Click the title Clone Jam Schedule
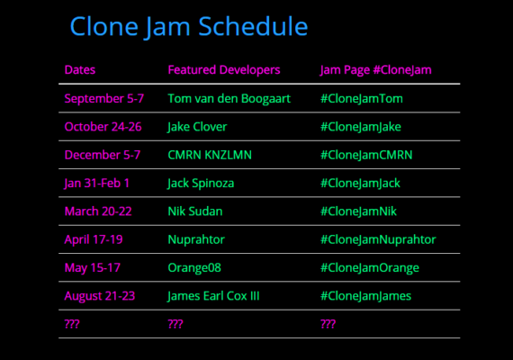[189, 27]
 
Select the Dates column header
[80, 69]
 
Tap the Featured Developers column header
[224, 69]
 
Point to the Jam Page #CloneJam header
[375, 70]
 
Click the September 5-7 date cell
[104, 98]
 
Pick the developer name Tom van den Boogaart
[229, 98]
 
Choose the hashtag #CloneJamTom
[362, 98]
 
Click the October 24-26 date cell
[103, 127]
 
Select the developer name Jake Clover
[197, 127]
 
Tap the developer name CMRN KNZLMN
[210, 155]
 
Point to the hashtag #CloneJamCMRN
[366, 155]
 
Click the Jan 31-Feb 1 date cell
[97, 184]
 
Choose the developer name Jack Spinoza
[201, 184]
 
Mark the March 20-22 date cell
[98, 211]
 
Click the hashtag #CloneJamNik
[358, 211]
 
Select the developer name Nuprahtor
[196, 240]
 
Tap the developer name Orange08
[194, 268]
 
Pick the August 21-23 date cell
[100, 296]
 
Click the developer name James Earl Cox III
[213, 296]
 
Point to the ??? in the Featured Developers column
[175, 324]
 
